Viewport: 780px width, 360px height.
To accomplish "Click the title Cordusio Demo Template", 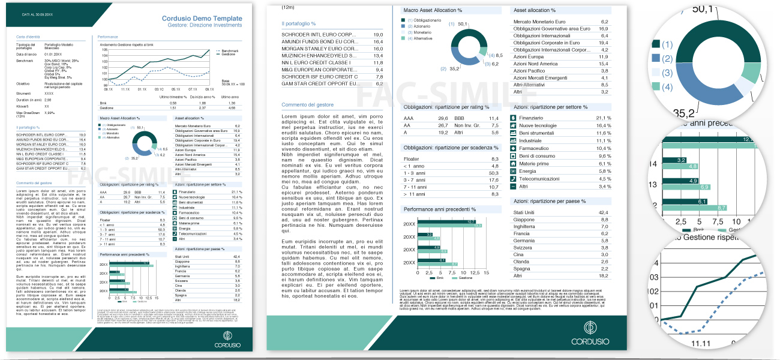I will click(202, 19).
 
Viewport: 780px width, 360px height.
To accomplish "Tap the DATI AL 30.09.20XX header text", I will click(37, 14).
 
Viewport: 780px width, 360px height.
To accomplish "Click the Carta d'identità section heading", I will click(28, 37).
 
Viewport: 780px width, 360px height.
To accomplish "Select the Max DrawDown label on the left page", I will click(28, 112).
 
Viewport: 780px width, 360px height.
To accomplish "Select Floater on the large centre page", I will click(411, 158).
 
